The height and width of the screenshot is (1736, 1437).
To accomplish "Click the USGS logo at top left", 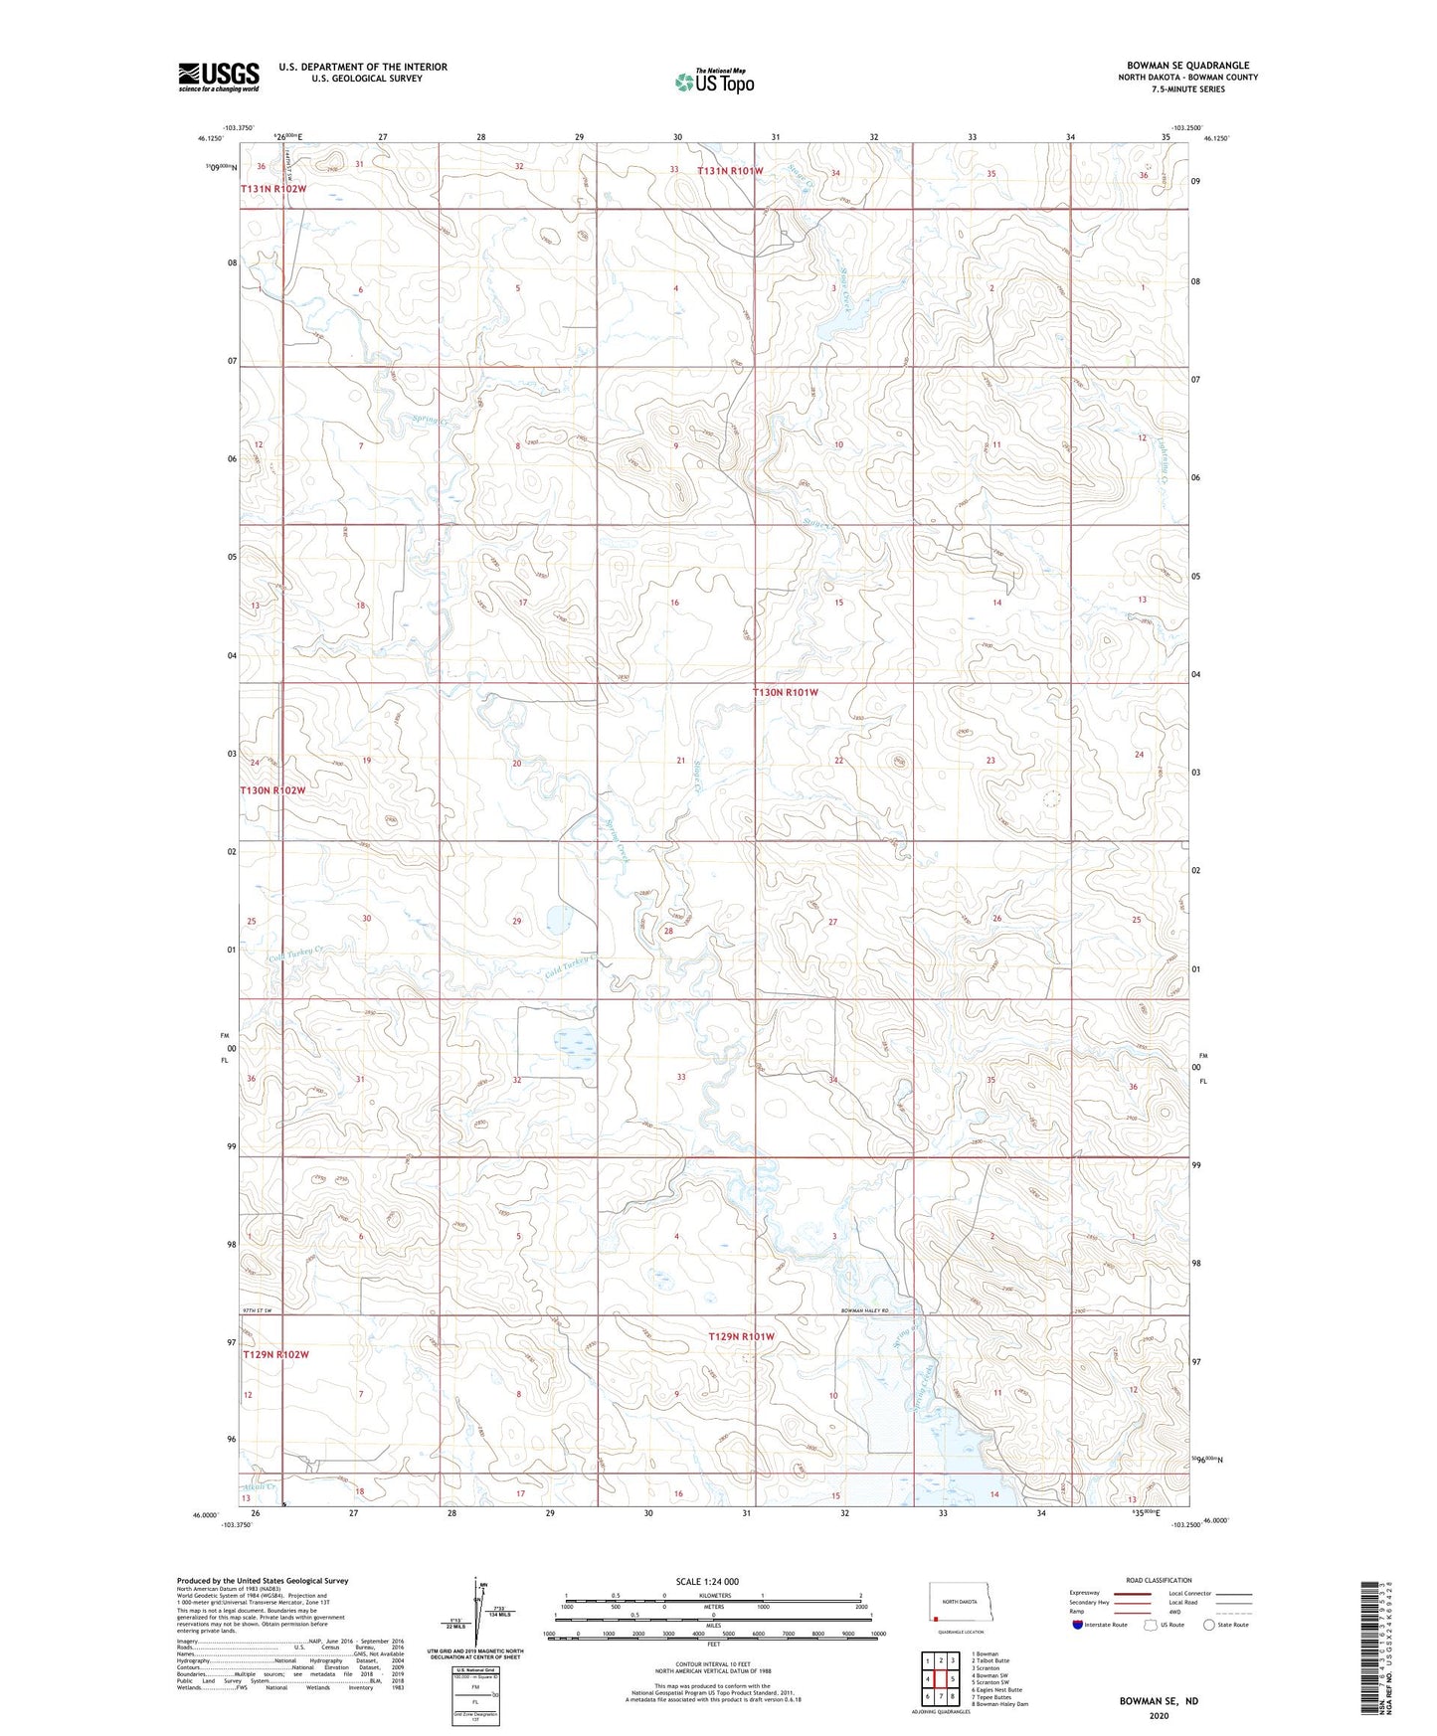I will point(219,77).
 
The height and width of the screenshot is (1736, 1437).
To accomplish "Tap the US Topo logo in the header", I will point(714,82).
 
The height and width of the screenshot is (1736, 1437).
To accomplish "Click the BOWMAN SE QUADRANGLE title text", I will point(1187,65).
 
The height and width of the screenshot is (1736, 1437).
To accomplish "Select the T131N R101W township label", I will point(730,171).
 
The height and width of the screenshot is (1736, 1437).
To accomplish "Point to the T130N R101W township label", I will point(785,692).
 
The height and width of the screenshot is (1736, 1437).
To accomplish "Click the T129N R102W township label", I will point(275,1354).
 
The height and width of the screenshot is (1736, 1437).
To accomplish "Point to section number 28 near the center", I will point(668,932).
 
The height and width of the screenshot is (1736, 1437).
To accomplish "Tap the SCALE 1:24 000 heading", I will point(707,1581).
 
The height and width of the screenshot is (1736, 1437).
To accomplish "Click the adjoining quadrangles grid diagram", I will point(940,1679).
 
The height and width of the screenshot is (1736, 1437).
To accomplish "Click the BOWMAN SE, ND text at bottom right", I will point(1159,1701).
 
